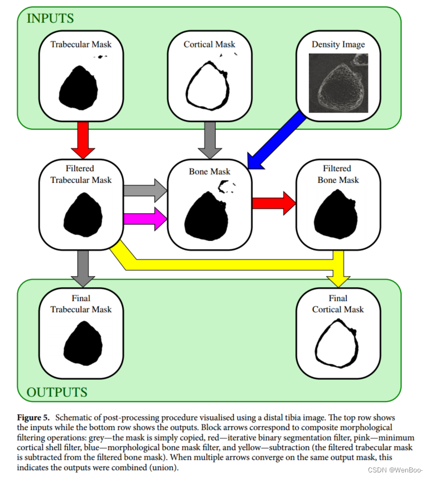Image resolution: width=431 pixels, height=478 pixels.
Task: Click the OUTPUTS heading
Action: [x=57, y=392]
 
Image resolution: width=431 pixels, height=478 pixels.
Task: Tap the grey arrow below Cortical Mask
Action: [x=210, y=139]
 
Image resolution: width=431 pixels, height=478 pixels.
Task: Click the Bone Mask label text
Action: [x=210, y=171]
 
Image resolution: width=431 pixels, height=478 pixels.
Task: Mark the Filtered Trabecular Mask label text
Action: [x=81, y=174]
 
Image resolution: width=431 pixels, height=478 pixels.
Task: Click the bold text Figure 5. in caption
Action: [x=35, y=418]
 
